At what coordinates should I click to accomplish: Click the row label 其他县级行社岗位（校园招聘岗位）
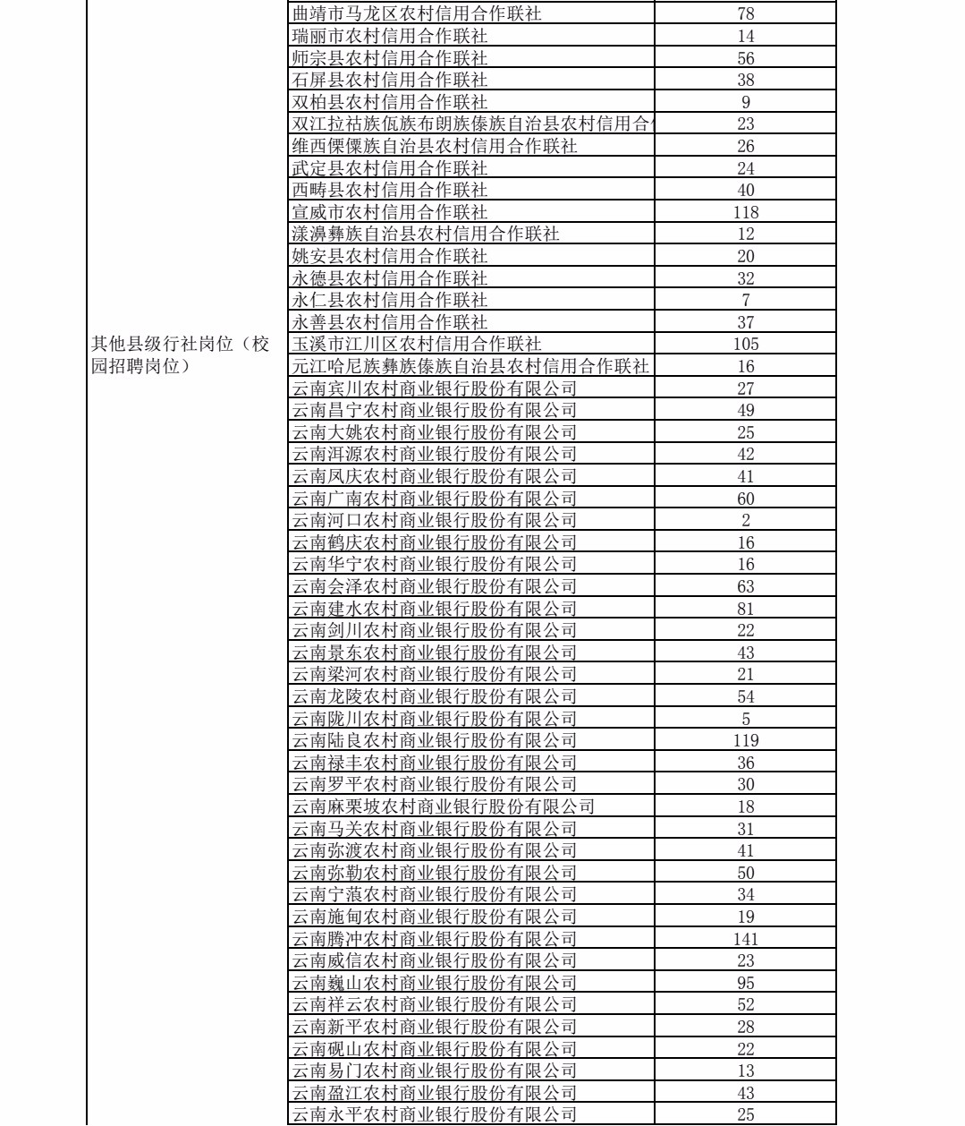coord(180,355)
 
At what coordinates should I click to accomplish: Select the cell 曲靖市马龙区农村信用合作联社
coord(417,14)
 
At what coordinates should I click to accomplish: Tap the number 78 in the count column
coord(746,14)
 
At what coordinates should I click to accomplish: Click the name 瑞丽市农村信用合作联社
coord(390,37)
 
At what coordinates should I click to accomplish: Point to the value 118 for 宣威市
coord(746,212)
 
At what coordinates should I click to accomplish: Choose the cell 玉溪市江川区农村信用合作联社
coord(417,344)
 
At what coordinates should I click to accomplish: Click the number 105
coord(746,344)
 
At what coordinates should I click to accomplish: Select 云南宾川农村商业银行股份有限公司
coord(435,388)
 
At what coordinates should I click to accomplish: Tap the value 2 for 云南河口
coord(746,520)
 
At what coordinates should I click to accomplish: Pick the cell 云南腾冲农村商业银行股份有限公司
coord(435,939)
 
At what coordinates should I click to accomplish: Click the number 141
coord(746,939)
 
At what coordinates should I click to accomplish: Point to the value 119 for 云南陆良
coord(746,740)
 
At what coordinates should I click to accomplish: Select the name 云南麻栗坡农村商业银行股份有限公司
coord(444,806)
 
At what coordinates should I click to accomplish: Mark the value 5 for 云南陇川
coord(746,719)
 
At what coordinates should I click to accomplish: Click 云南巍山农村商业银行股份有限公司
coord(435,983)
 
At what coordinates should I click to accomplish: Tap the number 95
coord(746,983)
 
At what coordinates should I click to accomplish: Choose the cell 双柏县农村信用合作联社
coord(390,102)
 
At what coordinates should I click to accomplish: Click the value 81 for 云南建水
coord(746,609)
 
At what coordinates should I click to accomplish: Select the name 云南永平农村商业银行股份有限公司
coord(435,1115)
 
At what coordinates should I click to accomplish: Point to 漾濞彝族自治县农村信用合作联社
coord(426,235)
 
